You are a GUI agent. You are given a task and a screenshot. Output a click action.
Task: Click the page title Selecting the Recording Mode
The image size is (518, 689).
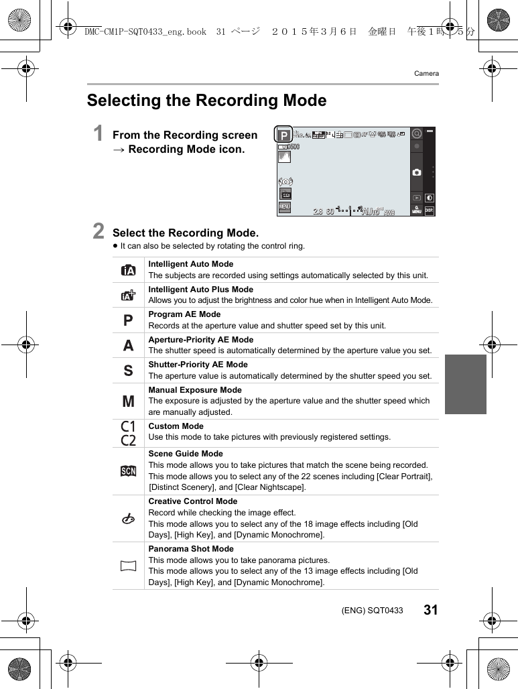[x=206, y=101]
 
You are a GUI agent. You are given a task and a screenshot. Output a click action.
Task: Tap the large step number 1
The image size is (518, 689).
[x=99, y=133]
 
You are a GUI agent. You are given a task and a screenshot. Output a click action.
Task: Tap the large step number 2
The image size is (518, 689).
[x=99, y=231]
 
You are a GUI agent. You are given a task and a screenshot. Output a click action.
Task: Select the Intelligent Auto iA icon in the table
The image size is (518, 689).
[x=128, y=270]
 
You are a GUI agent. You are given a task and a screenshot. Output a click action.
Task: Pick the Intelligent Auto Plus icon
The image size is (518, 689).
[x=128, y=295]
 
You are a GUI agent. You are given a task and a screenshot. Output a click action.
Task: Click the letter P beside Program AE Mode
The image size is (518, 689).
[x=128, y=320]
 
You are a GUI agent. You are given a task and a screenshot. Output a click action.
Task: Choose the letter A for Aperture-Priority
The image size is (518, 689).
[x=128, y=346]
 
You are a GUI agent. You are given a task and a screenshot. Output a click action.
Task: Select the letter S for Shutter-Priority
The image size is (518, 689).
[x=128, y=371]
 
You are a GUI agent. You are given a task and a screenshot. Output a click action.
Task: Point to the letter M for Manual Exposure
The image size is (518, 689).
[x=128, y=401]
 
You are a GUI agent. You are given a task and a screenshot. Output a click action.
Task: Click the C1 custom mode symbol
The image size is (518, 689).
[x=128, y=426]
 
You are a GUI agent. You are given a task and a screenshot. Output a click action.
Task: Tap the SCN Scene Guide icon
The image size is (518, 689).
[x=128, y=471]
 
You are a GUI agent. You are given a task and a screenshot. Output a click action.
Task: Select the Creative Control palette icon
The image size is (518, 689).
[x=128, y=518]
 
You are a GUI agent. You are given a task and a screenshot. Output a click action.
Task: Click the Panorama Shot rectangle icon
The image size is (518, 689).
[x=128, y=566]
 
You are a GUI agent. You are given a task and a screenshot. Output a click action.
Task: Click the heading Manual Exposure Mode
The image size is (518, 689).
[x=195, y=390]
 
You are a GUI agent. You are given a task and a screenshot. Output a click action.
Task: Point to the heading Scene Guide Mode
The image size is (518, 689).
[x=186, y=454]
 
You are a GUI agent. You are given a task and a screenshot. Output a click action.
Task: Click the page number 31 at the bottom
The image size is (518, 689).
[x=430, y=610]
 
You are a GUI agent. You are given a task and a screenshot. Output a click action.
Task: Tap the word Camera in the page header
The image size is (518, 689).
[x=426, y=74]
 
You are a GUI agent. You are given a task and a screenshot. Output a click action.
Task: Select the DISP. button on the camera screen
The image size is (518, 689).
[x=429, y=210]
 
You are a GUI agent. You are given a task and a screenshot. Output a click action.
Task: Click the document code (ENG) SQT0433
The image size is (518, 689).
[x=372, y=611]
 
